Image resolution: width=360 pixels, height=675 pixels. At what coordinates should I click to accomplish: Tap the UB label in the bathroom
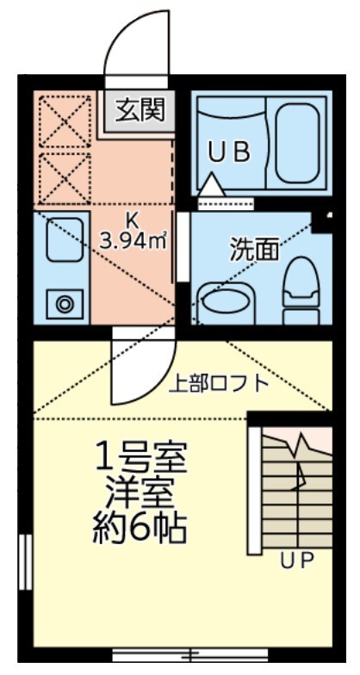tap(229, 152)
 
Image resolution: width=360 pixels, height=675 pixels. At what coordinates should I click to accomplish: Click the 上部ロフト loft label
tap(218, 384)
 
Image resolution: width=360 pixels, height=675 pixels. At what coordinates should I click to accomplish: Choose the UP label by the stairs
tap(296, 561)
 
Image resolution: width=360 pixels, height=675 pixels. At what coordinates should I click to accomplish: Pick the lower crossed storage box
tap(63, 178)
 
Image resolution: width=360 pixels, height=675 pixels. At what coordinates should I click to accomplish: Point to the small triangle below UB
tap(211, 183)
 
